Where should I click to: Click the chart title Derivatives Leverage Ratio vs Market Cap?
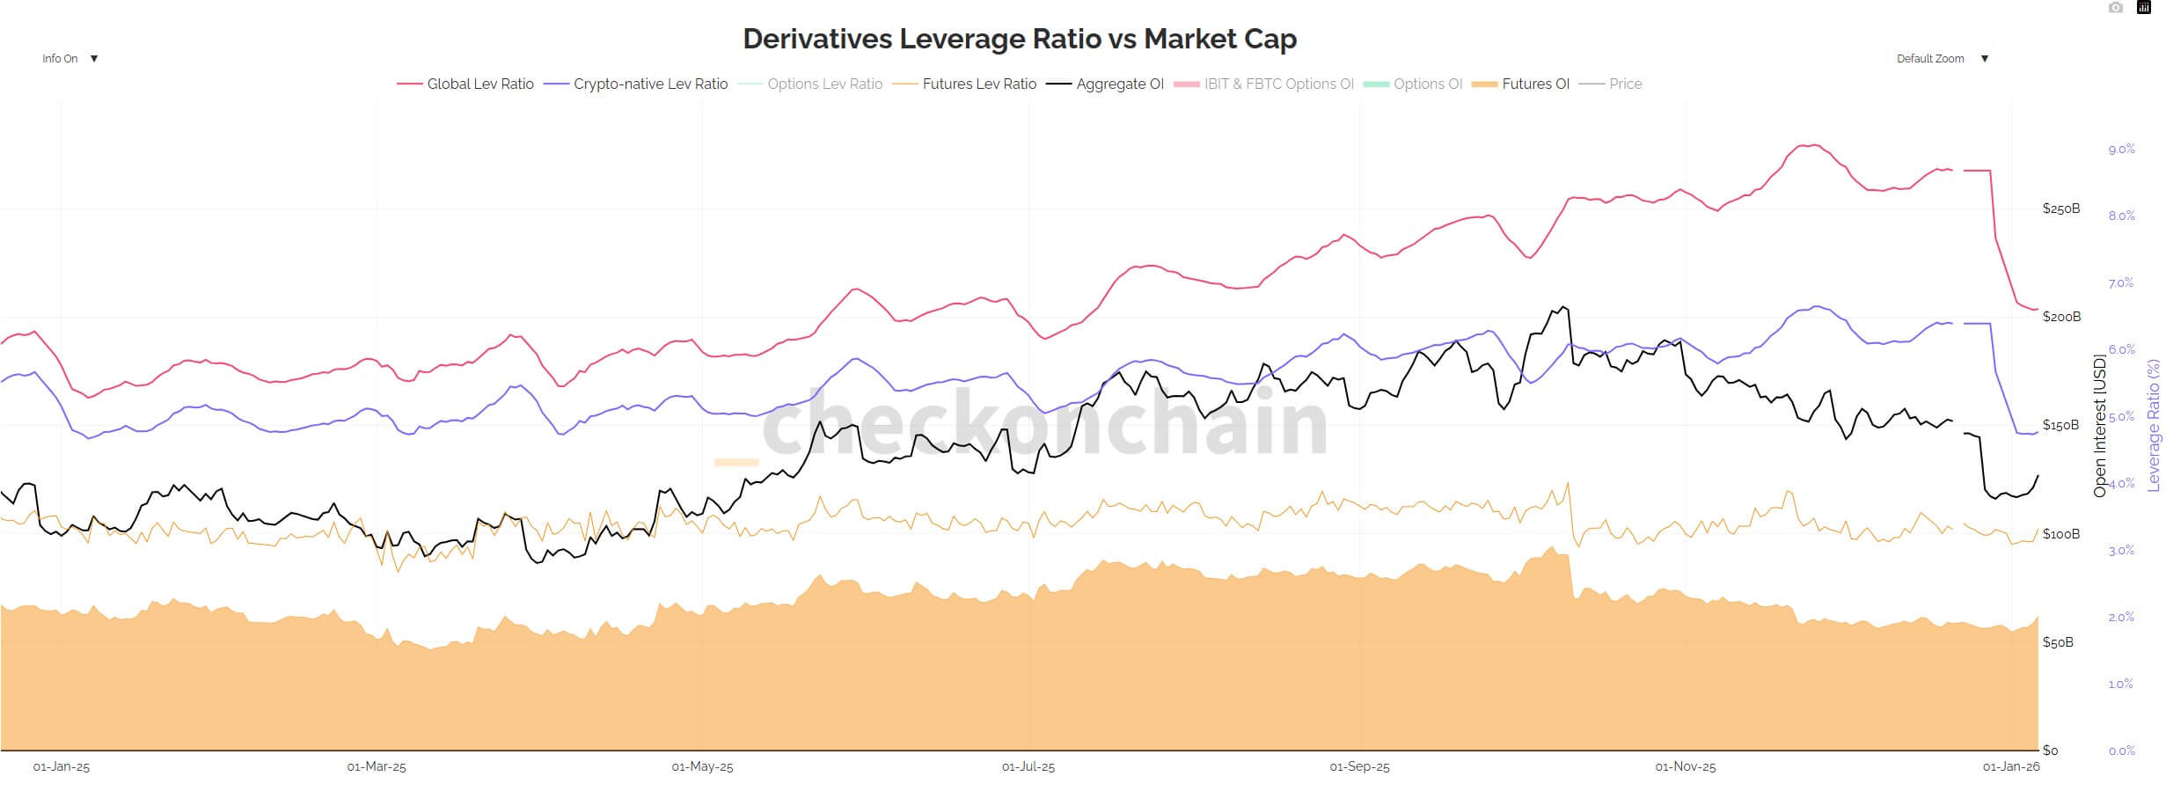point(1020,39)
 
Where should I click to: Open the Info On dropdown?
point(70,59)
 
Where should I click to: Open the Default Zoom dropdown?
point(1942,59)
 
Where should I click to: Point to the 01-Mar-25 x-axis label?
point(377,767)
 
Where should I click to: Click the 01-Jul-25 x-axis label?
point(1028,767)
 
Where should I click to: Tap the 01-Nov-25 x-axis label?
point(1685,767)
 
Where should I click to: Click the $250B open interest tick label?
point(2060,209)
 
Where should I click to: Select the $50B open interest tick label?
point(2058,642)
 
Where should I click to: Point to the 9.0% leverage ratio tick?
point(2121,150)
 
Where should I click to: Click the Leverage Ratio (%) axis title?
point(2153,425)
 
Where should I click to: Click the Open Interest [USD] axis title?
point(2099,425)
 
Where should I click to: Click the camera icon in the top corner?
point(2116,8)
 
